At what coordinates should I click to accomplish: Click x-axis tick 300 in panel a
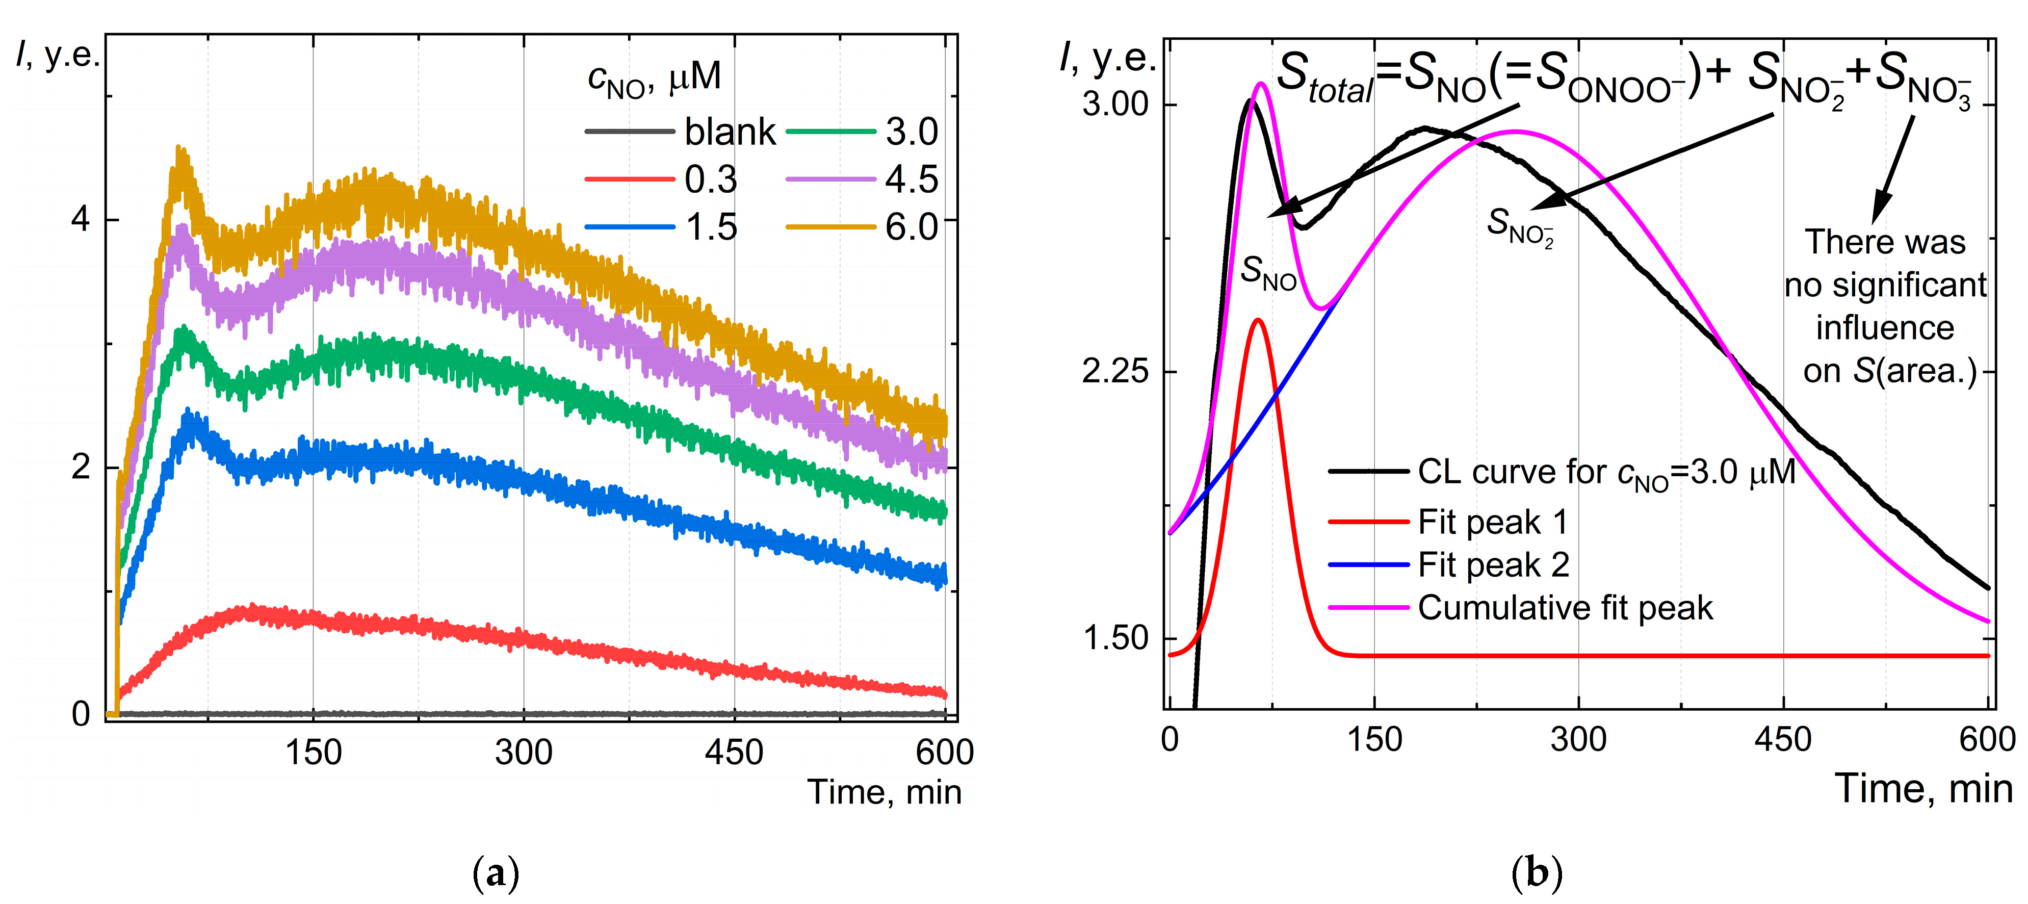[x=524, y=753]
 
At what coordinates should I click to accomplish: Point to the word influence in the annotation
[x=1885, y=327]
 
